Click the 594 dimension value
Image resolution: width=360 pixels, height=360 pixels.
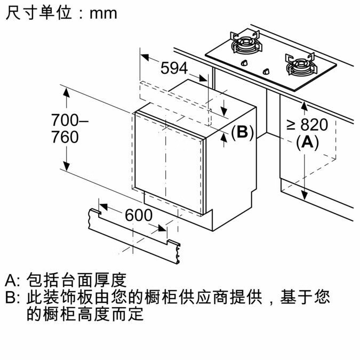tap(174, 68)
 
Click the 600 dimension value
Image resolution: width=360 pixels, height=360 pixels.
tap(139, 215)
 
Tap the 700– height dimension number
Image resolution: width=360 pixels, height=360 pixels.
tap(69, 120)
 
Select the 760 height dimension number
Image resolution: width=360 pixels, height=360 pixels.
tap(65, 137)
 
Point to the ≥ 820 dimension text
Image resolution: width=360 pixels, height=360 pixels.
tap(307, 125)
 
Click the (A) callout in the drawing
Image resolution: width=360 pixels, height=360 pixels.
tap(307, 142)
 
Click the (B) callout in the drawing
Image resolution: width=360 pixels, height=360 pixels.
tap(243, 132)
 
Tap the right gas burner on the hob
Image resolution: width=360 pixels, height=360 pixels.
tap(301, 65)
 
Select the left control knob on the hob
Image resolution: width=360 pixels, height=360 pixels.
tap(244, 63)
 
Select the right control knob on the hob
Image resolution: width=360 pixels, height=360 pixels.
tap(266, 71)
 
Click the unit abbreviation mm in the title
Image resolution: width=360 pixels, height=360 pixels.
tap(103, 14)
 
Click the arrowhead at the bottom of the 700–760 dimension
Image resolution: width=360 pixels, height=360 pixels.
tap(66, 166)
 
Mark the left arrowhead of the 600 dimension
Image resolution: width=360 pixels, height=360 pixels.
tap(103, 206)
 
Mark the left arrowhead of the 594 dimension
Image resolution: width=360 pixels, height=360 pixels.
tap(145, 58)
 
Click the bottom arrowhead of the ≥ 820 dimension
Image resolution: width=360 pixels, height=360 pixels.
tap(305, 195)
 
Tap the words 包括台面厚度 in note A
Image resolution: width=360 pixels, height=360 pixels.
tap(77, 280)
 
